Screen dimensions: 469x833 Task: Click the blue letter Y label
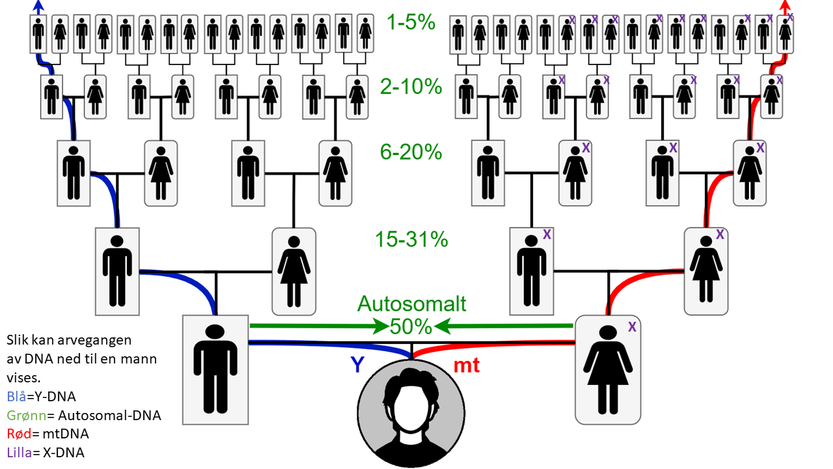coord(357,365)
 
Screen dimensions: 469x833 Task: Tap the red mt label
coord(466,365)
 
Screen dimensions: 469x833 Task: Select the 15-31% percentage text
coord(411,240)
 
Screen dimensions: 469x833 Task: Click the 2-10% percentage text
coord(411,87)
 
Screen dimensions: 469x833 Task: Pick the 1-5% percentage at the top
coord(411,23)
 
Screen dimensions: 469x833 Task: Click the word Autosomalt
coord(412,304)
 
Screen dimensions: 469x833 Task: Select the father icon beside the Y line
coord(215,370)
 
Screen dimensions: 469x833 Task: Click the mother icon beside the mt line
coord(607,370)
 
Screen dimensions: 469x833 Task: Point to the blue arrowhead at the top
coord(39,7)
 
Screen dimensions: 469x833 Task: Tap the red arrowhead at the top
coord(785,7)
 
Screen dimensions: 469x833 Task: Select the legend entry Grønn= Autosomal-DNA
coord(83,414)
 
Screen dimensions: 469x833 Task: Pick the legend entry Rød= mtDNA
coord(48,433)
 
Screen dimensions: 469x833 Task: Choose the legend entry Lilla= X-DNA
coord(45,452)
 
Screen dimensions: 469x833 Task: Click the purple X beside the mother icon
coord(631,327)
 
